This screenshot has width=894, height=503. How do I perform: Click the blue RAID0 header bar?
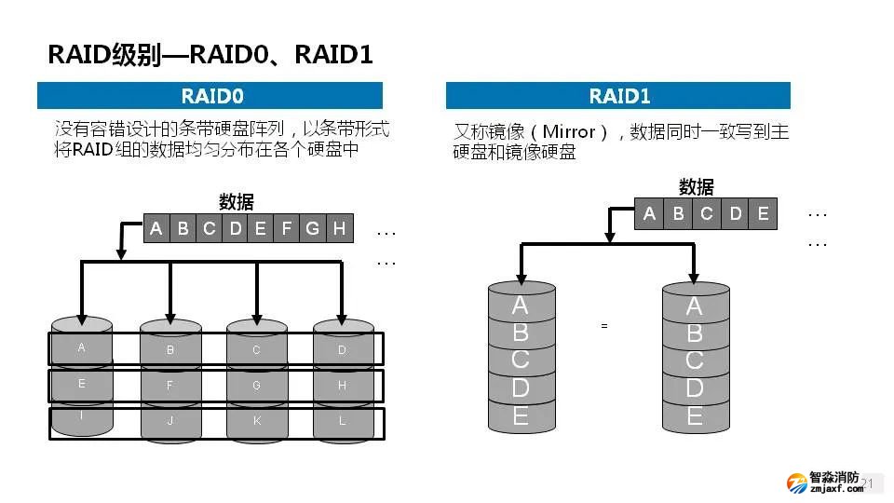tap(210, 96)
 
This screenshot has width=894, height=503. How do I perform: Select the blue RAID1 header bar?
tap(618, 96)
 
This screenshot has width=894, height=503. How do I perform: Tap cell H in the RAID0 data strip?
tap(339, 228)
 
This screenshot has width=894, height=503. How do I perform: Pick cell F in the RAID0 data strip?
tap(287, 228)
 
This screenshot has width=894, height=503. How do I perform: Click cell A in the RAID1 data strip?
tap(649, 213)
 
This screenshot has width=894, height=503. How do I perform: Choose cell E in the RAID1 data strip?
tap(764, 213)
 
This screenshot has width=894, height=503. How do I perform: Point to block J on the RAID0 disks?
tap(170, 421)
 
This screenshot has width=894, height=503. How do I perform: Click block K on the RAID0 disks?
tap(256, 421)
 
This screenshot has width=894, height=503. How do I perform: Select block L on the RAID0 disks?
tap(342, 421)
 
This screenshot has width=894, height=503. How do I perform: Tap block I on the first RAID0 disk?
tap(82, 415)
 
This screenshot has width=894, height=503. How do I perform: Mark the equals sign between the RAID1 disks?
tap(604, 326)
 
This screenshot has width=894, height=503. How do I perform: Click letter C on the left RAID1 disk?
tap(521, 359)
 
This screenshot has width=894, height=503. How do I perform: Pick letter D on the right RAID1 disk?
tap(694, 387)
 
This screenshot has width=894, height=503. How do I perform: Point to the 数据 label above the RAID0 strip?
tap(236, 202)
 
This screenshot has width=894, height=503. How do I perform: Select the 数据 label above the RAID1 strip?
tap(697, 186)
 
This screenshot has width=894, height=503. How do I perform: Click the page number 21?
tap(869, 483)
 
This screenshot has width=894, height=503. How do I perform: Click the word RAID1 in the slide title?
tap(333, 55)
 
